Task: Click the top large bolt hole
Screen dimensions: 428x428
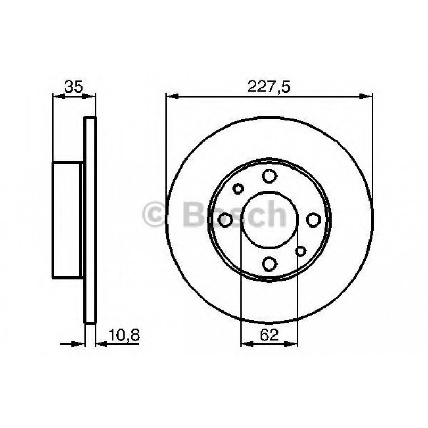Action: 270,176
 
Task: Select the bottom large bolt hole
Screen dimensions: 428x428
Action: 270,263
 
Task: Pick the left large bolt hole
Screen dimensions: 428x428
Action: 226,220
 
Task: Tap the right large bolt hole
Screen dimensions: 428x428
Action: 313,220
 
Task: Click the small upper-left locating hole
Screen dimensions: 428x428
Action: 238,188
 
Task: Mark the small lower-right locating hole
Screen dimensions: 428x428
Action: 301,251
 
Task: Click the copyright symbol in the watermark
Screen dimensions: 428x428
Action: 156,215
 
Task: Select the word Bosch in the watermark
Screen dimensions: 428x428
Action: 234,214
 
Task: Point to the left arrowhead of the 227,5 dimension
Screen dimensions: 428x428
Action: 171,96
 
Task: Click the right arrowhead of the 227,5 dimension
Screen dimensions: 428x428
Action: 367,96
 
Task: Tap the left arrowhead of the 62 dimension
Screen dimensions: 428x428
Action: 246,344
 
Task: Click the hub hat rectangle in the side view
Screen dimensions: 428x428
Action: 68,220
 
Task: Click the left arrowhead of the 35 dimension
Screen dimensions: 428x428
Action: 57,96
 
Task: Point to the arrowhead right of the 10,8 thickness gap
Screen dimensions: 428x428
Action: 100,344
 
